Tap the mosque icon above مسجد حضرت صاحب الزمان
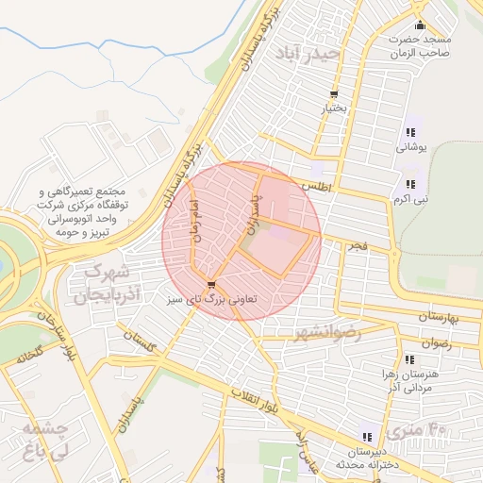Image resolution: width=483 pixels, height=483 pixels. coord(420,25)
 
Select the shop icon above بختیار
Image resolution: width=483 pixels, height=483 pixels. coord(335,93)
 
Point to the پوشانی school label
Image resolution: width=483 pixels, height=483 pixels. coord(410,147)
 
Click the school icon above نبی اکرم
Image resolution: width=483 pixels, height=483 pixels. coord(409,184)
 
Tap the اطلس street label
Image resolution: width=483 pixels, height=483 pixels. coord(318,187)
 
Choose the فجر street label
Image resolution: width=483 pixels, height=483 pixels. coord(357,245)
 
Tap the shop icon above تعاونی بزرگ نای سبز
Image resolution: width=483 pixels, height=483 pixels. coord(209,285)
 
